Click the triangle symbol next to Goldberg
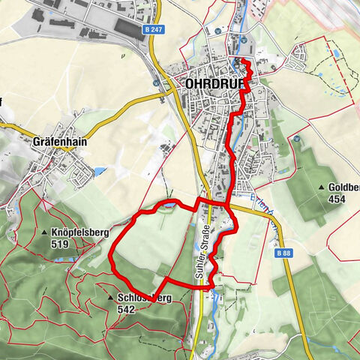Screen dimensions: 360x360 [322, 187]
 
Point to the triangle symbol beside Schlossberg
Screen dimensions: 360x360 [110, 298]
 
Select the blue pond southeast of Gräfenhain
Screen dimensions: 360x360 [99, 172]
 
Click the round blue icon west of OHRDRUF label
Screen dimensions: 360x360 [156, 82]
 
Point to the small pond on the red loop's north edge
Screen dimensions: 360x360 [171, 204]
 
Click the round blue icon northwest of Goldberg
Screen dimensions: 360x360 [297, 139]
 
